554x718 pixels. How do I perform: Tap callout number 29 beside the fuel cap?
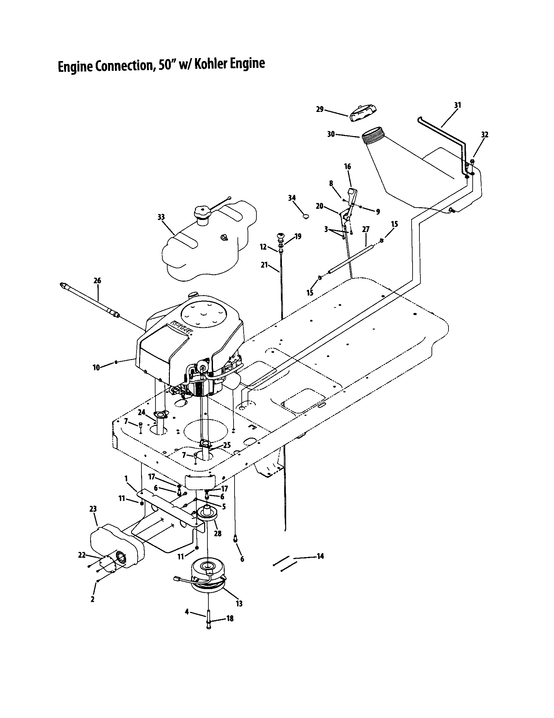(319, 109)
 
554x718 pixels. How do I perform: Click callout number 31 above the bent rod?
(457, 105)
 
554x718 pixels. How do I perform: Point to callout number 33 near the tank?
(161, 217)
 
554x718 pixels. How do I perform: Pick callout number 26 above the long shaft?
(97, 280)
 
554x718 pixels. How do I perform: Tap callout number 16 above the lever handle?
(348, 167)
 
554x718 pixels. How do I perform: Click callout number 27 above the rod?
(366, 229)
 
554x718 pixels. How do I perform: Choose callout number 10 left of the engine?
(96, 367)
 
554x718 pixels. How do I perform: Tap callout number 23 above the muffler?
(93, 509)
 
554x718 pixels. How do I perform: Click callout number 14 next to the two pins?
(320, 556)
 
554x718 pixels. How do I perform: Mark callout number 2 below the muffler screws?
(92, 599)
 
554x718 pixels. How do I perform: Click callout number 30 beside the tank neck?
(331, 134)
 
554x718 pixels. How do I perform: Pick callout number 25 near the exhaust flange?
(227, 445)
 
